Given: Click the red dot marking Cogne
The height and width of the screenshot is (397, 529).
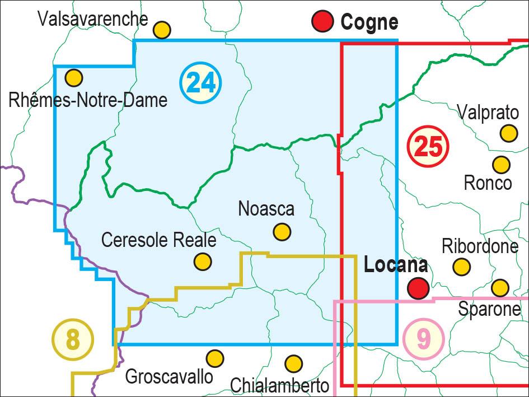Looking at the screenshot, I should (323, 22).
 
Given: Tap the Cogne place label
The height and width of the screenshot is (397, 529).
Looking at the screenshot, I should (369, 22).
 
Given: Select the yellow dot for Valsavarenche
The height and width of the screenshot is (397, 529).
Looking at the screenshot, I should (162, 30).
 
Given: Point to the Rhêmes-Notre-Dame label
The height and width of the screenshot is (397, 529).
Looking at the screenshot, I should (88, 100).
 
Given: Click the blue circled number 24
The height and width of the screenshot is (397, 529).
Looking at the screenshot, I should (200, 83).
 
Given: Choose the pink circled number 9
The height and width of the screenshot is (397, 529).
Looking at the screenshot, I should (423, 339).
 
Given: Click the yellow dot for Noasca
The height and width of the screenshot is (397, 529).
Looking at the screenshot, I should (282, 231).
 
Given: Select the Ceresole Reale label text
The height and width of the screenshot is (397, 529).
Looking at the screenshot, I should (158, 240).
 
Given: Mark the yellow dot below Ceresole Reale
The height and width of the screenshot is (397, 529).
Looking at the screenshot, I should (203, 261).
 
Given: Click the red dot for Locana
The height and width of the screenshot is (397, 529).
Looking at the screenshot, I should (418, 288).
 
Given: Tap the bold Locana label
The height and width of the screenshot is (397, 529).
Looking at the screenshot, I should (396, 265).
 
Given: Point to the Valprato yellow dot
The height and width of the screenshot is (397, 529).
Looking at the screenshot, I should (508, 133).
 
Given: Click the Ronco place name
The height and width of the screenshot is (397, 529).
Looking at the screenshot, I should (488, 183).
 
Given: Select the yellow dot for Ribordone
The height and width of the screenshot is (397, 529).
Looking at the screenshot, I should (461, 267).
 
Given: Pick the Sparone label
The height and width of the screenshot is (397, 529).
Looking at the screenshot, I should (489, 309).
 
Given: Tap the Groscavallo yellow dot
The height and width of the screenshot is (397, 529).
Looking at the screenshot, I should (214, 358).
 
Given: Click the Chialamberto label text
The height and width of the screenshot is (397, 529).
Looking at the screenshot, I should (279, 385).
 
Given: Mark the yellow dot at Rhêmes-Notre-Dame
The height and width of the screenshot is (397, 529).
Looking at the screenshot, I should (74, 78).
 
